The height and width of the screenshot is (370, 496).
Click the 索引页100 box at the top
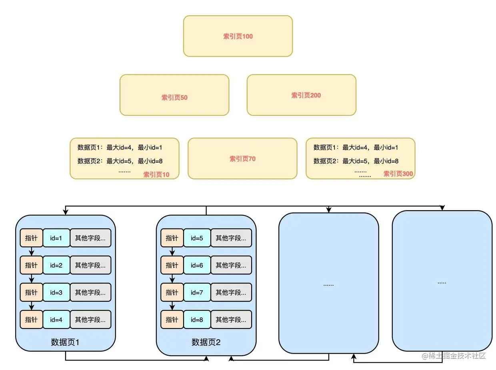coord(238,36)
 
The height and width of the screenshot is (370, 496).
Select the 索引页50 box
coord(174,95)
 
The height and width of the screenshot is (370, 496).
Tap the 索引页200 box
coord(301,95)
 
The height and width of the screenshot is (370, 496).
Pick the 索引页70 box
coord(242,159)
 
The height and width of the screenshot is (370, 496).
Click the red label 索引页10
coord(156,175)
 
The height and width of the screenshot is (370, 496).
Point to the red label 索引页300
coord(398,174)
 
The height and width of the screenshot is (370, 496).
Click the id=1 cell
coord(56,238)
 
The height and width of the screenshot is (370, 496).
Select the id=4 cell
coord(56,320)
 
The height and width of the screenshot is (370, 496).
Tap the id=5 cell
coord(197,238)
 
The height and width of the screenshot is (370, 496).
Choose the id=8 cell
coord(197,320)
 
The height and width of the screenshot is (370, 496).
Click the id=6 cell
coord(197,265)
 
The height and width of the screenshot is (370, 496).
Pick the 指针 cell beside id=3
coord(31,292)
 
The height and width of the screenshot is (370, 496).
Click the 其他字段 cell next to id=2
coord(90,265)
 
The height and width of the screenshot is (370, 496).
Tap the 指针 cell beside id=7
coord(172,292)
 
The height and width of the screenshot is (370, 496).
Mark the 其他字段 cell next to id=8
coord(231,320)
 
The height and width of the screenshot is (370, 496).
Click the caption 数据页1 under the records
coord(65,342)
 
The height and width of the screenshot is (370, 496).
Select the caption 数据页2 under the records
coord(206,342)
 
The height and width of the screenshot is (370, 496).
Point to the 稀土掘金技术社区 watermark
coord(454,356)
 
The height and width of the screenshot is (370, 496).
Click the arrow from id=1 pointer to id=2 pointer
coord(32,252)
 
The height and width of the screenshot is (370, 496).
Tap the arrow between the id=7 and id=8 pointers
coord(172,306)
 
